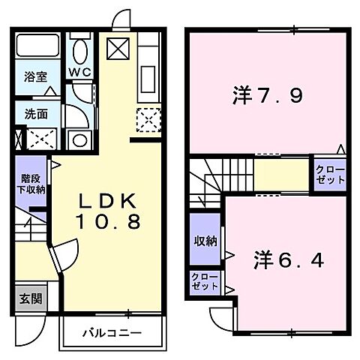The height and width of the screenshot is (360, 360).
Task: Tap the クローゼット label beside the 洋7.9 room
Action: pyautogui.click(x=330, y=175)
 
